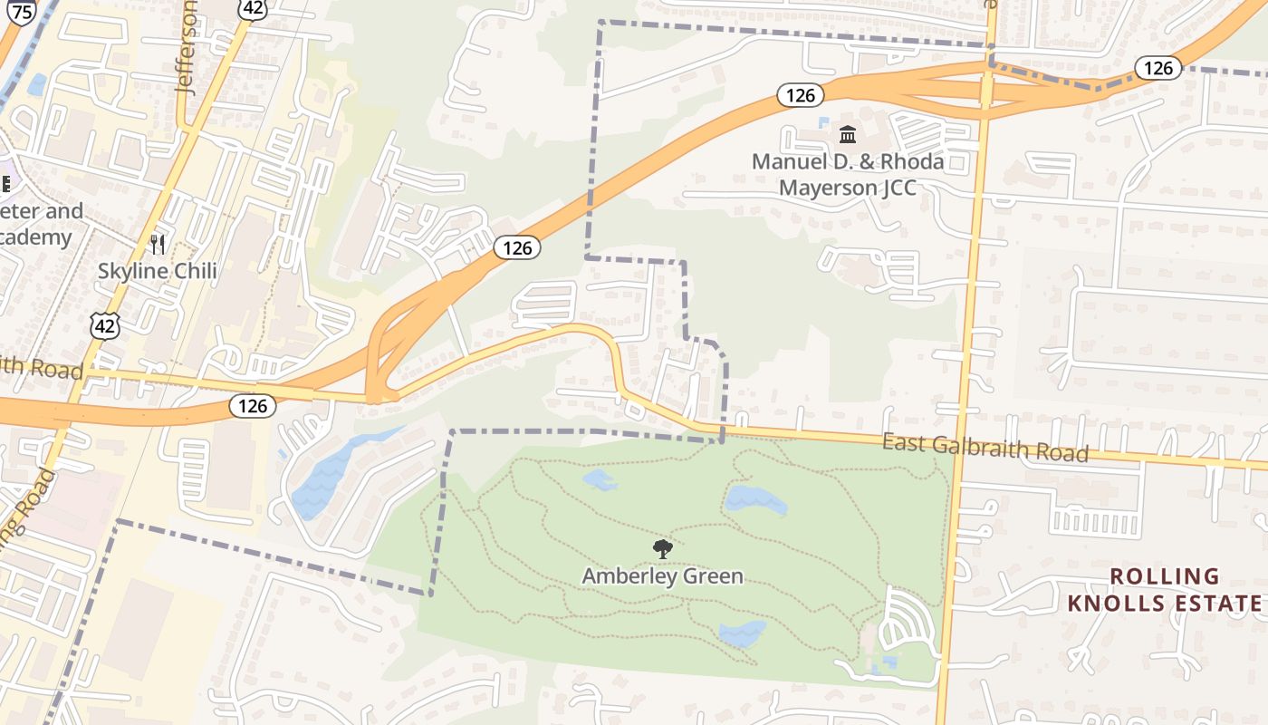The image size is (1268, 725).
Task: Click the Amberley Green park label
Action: pos(662,576)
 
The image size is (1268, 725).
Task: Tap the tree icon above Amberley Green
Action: pos(662,548)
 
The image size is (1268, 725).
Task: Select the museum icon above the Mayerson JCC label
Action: pos(848,135)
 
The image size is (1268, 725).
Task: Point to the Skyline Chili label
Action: pos(158,271)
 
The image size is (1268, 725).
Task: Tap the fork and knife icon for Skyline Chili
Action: pos(158,244)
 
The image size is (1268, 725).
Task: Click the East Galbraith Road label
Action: pos(985,447)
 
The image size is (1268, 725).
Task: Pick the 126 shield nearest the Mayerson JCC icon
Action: pos(801,95)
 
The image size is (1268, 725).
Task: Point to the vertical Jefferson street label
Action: pos(188,50)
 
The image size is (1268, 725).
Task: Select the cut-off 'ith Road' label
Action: pos(41,368)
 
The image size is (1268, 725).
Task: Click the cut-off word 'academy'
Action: pos(36,237)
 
